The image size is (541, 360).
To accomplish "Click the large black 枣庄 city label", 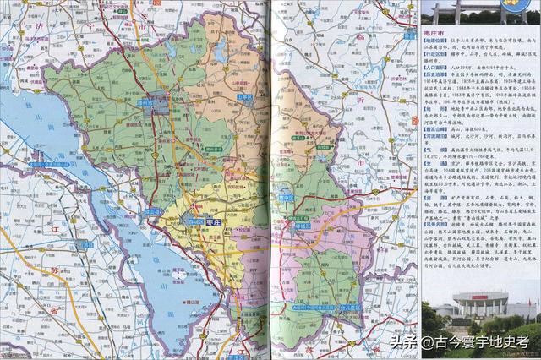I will (x=212, y=221).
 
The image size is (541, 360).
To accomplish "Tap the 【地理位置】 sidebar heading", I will (x=437, y=40).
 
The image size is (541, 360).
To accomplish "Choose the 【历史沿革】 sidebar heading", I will (x=437, y=74).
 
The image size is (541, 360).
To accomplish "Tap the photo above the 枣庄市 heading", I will (x=479, y=11).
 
